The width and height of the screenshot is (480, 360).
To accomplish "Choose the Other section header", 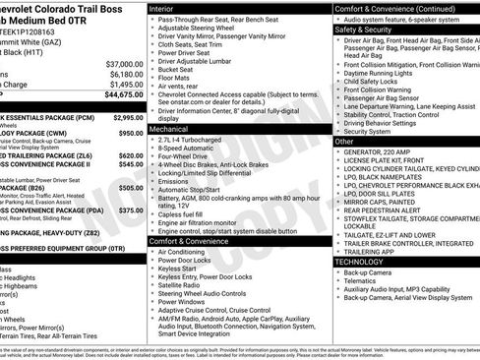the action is [x=344, y=142].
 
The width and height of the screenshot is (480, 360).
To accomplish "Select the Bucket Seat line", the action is [x=176, y=71].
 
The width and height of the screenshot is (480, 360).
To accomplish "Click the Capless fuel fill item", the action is [x=184, y=214].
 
